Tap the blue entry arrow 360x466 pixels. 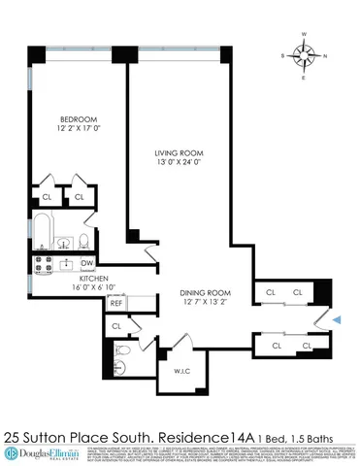pos(337,317)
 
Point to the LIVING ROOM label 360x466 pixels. pos(179,152)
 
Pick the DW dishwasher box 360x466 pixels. pos(86,263)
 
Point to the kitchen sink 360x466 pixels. pos(67,262)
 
